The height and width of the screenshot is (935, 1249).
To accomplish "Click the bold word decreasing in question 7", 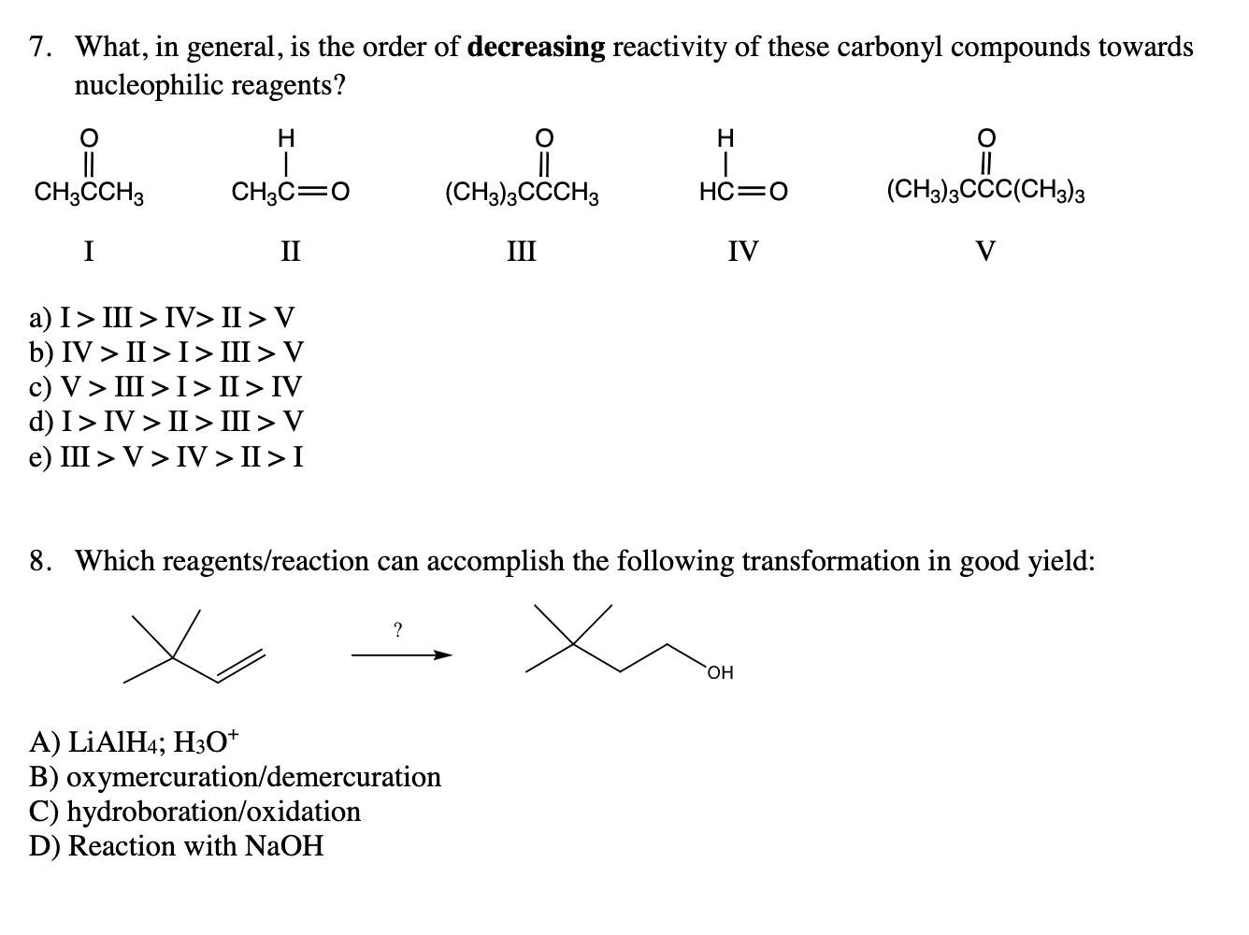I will coord(537,48).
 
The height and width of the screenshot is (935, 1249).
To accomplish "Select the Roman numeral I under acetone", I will coord(88,251).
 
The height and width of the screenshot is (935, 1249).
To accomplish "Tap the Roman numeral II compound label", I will coord(291,251).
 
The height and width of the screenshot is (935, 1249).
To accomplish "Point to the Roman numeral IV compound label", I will coord(743,251).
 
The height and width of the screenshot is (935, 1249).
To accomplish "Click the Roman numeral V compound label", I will coord(985,251).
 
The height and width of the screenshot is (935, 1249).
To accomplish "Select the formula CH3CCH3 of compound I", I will coord(88,194).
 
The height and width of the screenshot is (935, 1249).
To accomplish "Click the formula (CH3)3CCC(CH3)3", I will coord(985,194).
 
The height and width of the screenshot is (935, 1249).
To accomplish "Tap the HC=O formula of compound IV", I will coord(743,194).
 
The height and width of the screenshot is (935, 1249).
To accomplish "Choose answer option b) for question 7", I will coord(166,352).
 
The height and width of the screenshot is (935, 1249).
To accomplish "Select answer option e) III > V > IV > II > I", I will coord(166,457).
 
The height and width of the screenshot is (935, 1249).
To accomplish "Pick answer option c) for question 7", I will coord(166,387).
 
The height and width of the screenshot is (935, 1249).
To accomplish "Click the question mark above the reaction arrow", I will coord(397,631).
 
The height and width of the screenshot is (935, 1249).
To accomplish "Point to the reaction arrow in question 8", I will coord(401,655).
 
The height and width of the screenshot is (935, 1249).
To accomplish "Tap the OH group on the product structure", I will coord(721,672).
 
